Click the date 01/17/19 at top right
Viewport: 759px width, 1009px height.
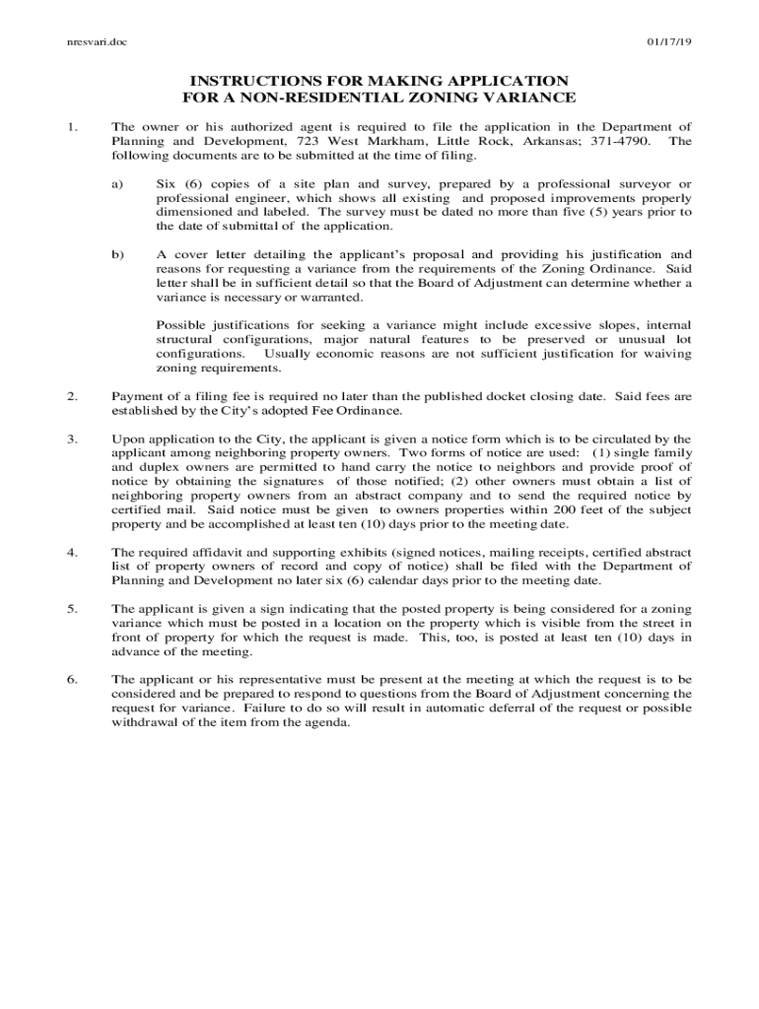tap(669, 42)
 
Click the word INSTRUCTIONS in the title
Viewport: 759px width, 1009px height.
tap(261, 80)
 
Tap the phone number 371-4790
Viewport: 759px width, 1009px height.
tap(617, 141)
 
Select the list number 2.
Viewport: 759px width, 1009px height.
tap(71, 396)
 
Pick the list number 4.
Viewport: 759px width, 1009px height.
tap(71, 552)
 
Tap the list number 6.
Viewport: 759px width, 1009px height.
tap(71, 680)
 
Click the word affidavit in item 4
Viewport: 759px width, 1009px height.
tap(222, 552)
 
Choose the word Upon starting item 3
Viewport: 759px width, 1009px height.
tap(128, 438)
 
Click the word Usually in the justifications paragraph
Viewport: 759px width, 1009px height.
tap(292, 353)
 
